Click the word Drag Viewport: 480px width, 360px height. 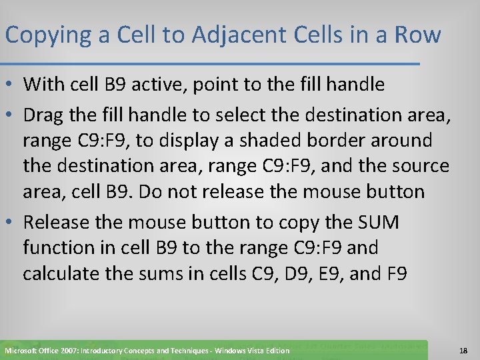(x=44, y=114)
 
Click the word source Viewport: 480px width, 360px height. (x=417, y=166)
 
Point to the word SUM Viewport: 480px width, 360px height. (x=375, y=222)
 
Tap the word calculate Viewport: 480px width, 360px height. (x=63, y=273)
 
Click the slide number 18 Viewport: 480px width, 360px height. (x=464, y=350)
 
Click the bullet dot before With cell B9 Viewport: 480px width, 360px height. (x=11, y=85)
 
